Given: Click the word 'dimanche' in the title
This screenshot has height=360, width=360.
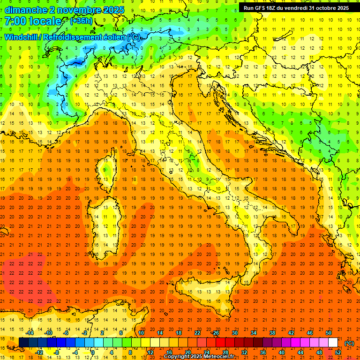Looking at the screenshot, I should coord(22,10).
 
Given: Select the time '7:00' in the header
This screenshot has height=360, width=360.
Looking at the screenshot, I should coord(15,21).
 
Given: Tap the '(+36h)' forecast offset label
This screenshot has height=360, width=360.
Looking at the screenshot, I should coord(81,21).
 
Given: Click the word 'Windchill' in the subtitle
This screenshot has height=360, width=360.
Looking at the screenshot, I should coord(22,37).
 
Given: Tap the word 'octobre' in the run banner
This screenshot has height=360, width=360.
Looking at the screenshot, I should coord(328,8).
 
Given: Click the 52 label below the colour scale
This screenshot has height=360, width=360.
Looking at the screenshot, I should coord(337,352).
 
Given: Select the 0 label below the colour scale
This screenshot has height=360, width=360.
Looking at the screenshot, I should coord(93,352).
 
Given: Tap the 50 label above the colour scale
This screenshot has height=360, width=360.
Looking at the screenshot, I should coord(328,333).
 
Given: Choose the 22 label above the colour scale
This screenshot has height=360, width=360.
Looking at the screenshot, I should coord(197,333).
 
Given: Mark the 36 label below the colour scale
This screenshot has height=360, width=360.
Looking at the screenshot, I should coord(263,352).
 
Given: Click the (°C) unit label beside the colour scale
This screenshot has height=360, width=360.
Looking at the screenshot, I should coord(349,343).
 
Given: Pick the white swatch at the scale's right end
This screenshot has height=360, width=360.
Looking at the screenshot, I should coord(333,343).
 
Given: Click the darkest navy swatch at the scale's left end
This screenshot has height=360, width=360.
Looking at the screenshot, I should coord(23,343).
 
